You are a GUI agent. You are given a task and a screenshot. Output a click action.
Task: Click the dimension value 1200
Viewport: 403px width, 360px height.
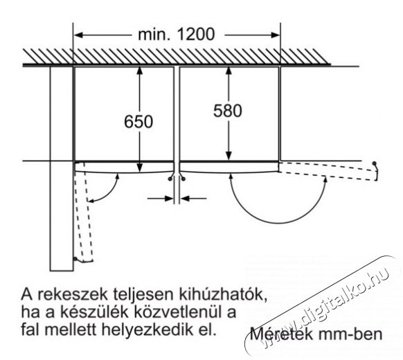click(195, 34)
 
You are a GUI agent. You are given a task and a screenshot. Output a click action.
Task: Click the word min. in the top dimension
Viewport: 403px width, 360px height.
click(154, 34)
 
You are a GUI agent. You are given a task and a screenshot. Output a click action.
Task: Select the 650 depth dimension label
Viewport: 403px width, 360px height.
click(138, 122)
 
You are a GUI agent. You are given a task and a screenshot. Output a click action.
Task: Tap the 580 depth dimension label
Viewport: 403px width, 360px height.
click(228, 111)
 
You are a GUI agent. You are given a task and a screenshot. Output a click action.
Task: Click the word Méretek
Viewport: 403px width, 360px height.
click(281, 334)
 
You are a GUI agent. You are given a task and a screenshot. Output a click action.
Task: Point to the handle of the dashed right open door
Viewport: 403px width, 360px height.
click(375, 171)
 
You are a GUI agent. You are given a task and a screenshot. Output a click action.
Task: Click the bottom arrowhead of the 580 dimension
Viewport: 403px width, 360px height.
click(229, 156)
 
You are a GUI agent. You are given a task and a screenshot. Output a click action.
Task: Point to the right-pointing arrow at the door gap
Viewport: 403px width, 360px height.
click(161, 199)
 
